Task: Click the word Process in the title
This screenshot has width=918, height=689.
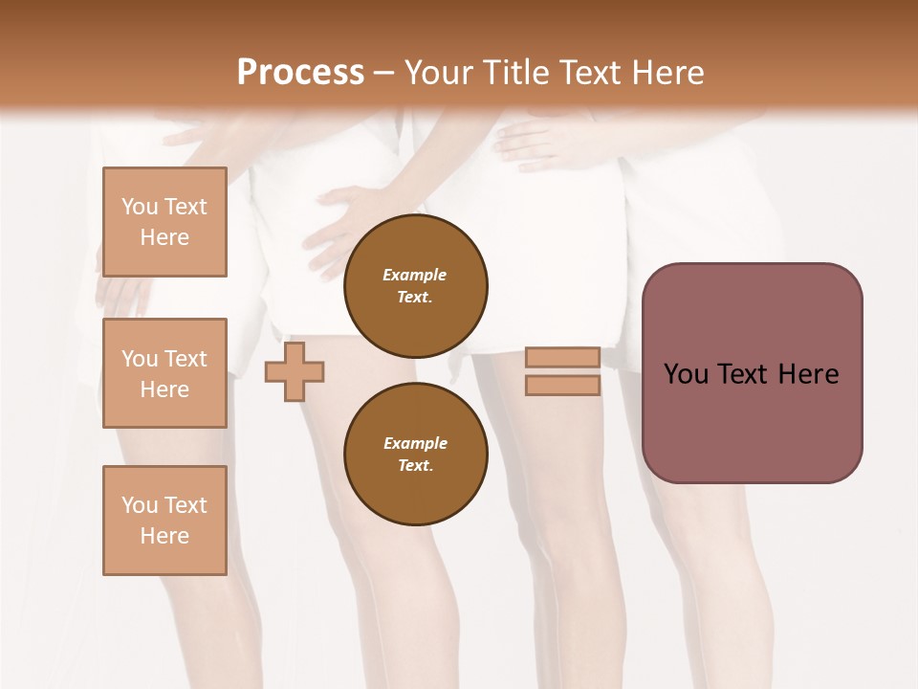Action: pos(300,73)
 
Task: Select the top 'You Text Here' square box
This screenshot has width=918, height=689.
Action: pos(164,222)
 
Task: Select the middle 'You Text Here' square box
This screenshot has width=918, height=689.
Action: pos(164,373)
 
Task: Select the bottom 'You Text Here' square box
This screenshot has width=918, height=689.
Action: pos(164,520)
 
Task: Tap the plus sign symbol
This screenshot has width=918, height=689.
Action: pos(295,371)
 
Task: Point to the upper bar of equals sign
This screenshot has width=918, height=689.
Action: pos(562,357)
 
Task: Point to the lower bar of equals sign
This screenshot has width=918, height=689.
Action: pos(562,385)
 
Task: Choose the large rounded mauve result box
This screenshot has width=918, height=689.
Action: pos(752,421)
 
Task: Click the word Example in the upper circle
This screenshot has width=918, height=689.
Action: pos(415,275)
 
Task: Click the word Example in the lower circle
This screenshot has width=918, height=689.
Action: pos(415,443)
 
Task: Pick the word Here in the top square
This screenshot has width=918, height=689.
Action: pos(164,237)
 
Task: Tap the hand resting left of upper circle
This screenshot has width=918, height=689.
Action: pos(339,220)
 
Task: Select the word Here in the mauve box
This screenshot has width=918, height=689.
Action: pos(809,374)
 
